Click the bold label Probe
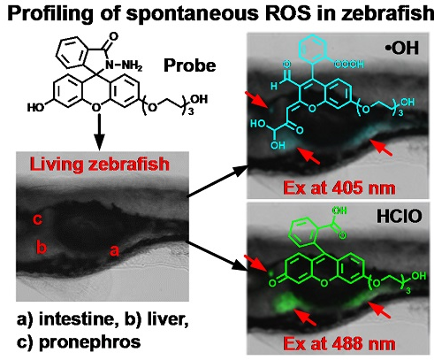click(190, 65)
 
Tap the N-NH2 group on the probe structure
click(124, 65)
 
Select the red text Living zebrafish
click(100, 165)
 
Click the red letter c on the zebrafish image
click(37, 219)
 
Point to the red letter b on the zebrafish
click(42, 246)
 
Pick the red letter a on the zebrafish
click(114, 251)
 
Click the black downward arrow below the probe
click(100, 132)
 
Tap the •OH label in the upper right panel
click(402, 47)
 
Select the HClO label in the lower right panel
click(399, 217)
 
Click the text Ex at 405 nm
click(339, 188)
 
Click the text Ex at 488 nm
click(339, 344)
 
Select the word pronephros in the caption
click(89, 342)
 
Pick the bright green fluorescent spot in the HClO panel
click(285, 303)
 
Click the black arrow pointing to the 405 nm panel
click(218, 181)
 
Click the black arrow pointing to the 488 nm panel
click(218, 256)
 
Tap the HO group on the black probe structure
click(35, 108)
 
